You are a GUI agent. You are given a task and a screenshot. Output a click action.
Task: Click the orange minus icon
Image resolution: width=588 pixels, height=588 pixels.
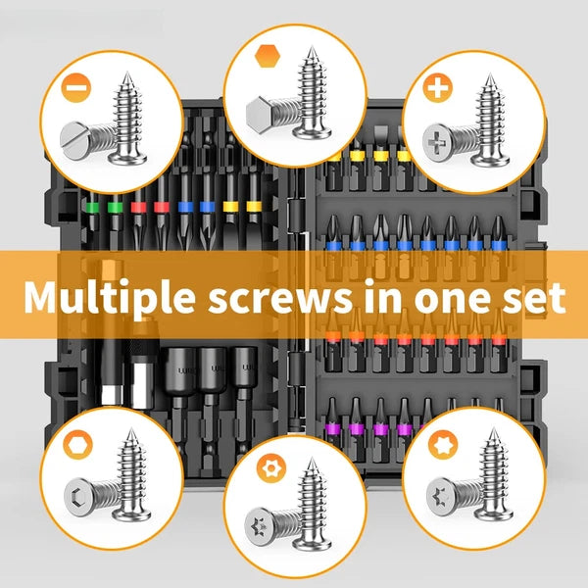pyautogui.click(x=76, y=88)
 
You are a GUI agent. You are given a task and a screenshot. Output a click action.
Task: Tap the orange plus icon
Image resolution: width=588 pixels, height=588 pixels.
pyautogui.click(x=438, y=88)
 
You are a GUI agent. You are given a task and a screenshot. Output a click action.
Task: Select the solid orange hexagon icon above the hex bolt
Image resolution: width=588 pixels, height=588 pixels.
pyautogui.click(x=268, y=56)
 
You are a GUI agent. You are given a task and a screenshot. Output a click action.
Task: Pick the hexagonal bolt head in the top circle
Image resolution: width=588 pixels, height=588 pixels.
pyautogui.click(x=260, y=112)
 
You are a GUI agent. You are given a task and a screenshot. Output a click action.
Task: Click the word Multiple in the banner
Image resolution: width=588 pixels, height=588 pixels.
pyautogui.click(x=110, y=297)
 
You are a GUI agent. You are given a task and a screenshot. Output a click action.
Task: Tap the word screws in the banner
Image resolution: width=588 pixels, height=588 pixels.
pyautogui.click(x=281, y=298)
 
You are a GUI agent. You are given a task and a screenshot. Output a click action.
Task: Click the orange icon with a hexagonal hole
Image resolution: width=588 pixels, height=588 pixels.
pyautogui.click(x=78, y=445)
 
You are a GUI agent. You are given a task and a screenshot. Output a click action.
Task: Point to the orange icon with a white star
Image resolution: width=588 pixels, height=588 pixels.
pyautogui.click(x=443, y=445)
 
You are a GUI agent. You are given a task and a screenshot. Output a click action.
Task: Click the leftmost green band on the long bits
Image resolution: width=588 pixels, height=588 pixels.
pyautogui.click(x=92, y=208)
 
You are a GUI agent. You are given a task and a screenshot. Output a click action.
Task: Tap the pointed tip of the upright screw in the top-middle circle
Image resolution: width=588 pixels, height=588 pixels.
pyautogui.click(x=311, y=46)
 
